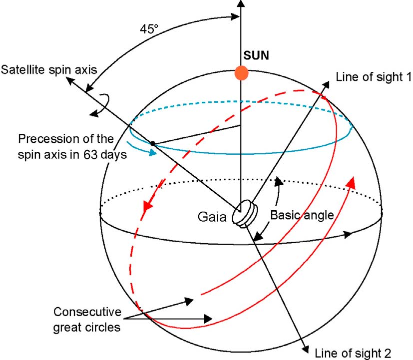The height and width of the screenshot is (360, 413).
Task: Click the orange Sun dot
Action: [242, 73]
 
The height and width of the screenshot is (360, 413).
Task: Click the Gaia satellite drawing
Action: [245, 214]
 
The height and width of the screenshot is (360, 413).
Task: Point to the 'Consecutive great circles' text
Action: [88, 319]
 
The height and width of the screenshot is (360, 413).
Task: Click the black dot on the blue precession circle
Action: [152, 145]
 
